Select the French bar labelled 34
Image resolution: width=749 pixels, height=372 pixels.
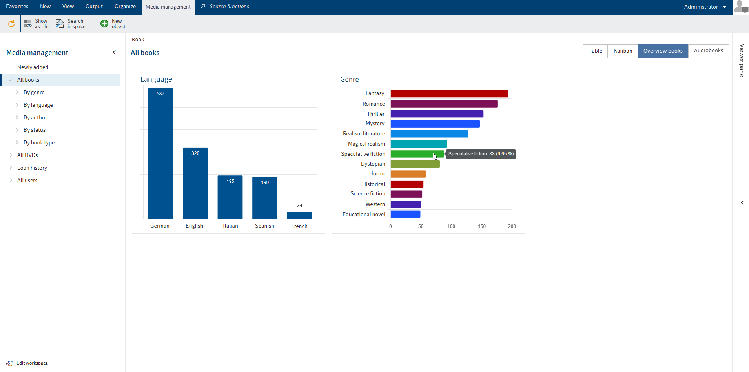coord(299,215)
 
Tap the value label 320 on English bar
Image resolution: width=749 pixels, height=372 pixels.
coord(195,153)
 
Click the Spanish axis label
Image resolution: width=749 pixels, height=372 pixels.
coord(264,226)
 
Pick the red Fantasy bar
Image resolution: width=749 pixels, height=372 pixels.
coord(449,94)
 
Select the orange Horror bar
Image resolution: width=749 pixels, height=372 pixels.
coord(408,174)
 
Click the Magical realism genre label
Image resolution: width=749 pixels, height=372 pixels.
coord(366,144)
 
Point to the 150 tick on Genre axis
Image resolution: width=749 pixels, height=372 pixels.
coord(482,226)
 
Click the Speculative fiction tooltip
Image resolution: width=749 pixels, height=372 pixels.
coord(481,154)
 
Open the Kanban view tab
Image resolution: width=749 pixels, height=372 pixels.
coord(623,51)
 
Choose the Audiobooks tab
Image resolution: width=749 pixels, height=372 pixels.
coord(708,51)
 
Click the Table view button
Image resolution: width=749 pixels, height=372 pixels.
coord(595,51)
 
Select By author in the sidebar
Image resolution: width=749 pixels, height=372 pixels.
coord(35,118)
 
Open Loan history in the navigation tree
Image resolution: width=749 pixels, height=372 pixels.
coord(32,168)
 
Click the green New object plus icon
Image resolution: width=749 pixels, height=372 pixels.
coord(104,24)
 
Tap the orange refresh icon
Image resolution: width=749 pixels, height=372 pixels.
coord(11,24)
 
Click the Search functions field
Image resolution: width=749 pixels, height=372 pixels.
coord(229,7)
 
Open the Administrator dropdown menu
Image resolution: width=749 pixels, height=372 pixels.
coord(705,7)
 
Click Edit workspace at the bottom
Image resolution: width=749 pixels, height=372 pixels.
coord(32,363)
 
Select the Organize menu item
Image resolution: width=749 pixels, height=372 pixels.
coord(125,7)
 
